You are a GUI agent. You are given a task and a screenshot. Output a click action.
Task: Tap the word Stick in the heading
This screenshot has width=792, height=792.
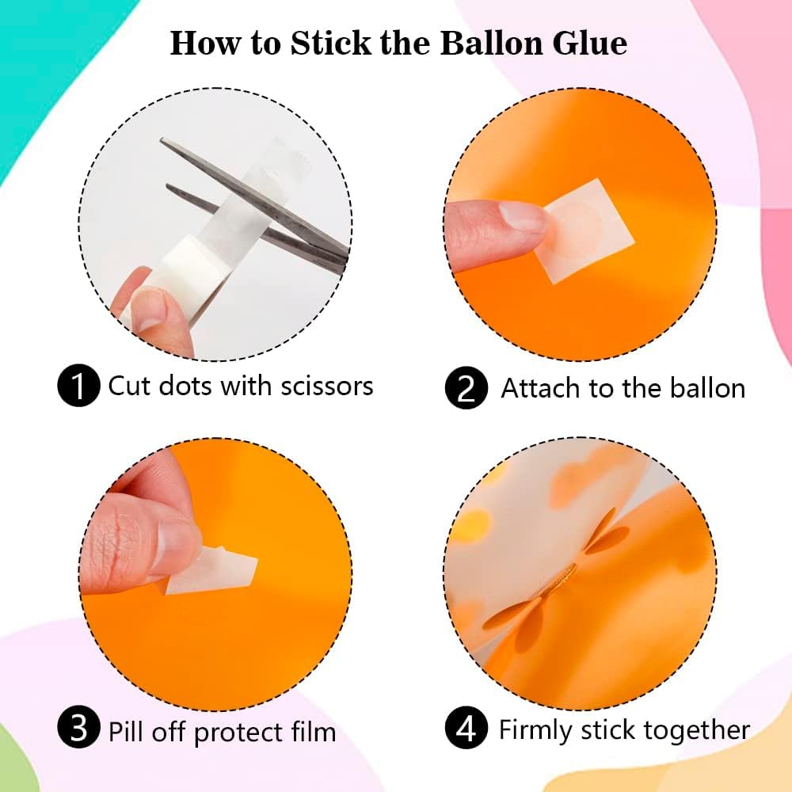click(x=331, y=43)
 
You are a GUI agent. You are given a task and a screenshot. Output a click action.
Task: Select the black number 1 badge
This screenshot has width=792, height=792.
click(x=78, y=385)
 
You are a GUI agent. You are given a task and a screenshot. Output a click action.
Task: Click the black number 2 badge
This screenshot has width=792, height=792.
click(x=466, y=387)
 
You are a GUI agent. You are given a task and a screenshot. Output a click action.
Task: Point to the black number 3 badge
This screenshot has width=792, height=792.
click(x=78, y=728)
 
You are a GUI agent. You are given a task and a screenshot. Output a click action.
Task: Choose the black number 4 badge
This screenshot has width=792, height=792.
click(x=466, y=728)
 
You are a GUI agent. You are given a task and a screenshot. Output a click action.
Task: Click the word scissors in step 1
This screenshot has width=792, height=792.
click(x=327, y=386)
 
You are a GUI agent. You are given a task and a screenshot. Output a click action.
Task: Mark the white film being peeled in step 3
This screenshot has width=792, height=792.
click(x=212, y=571)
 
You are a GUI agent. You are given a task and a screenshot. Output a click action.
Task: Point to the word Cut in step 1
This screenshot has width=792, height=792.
click(x=128, y=386)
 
